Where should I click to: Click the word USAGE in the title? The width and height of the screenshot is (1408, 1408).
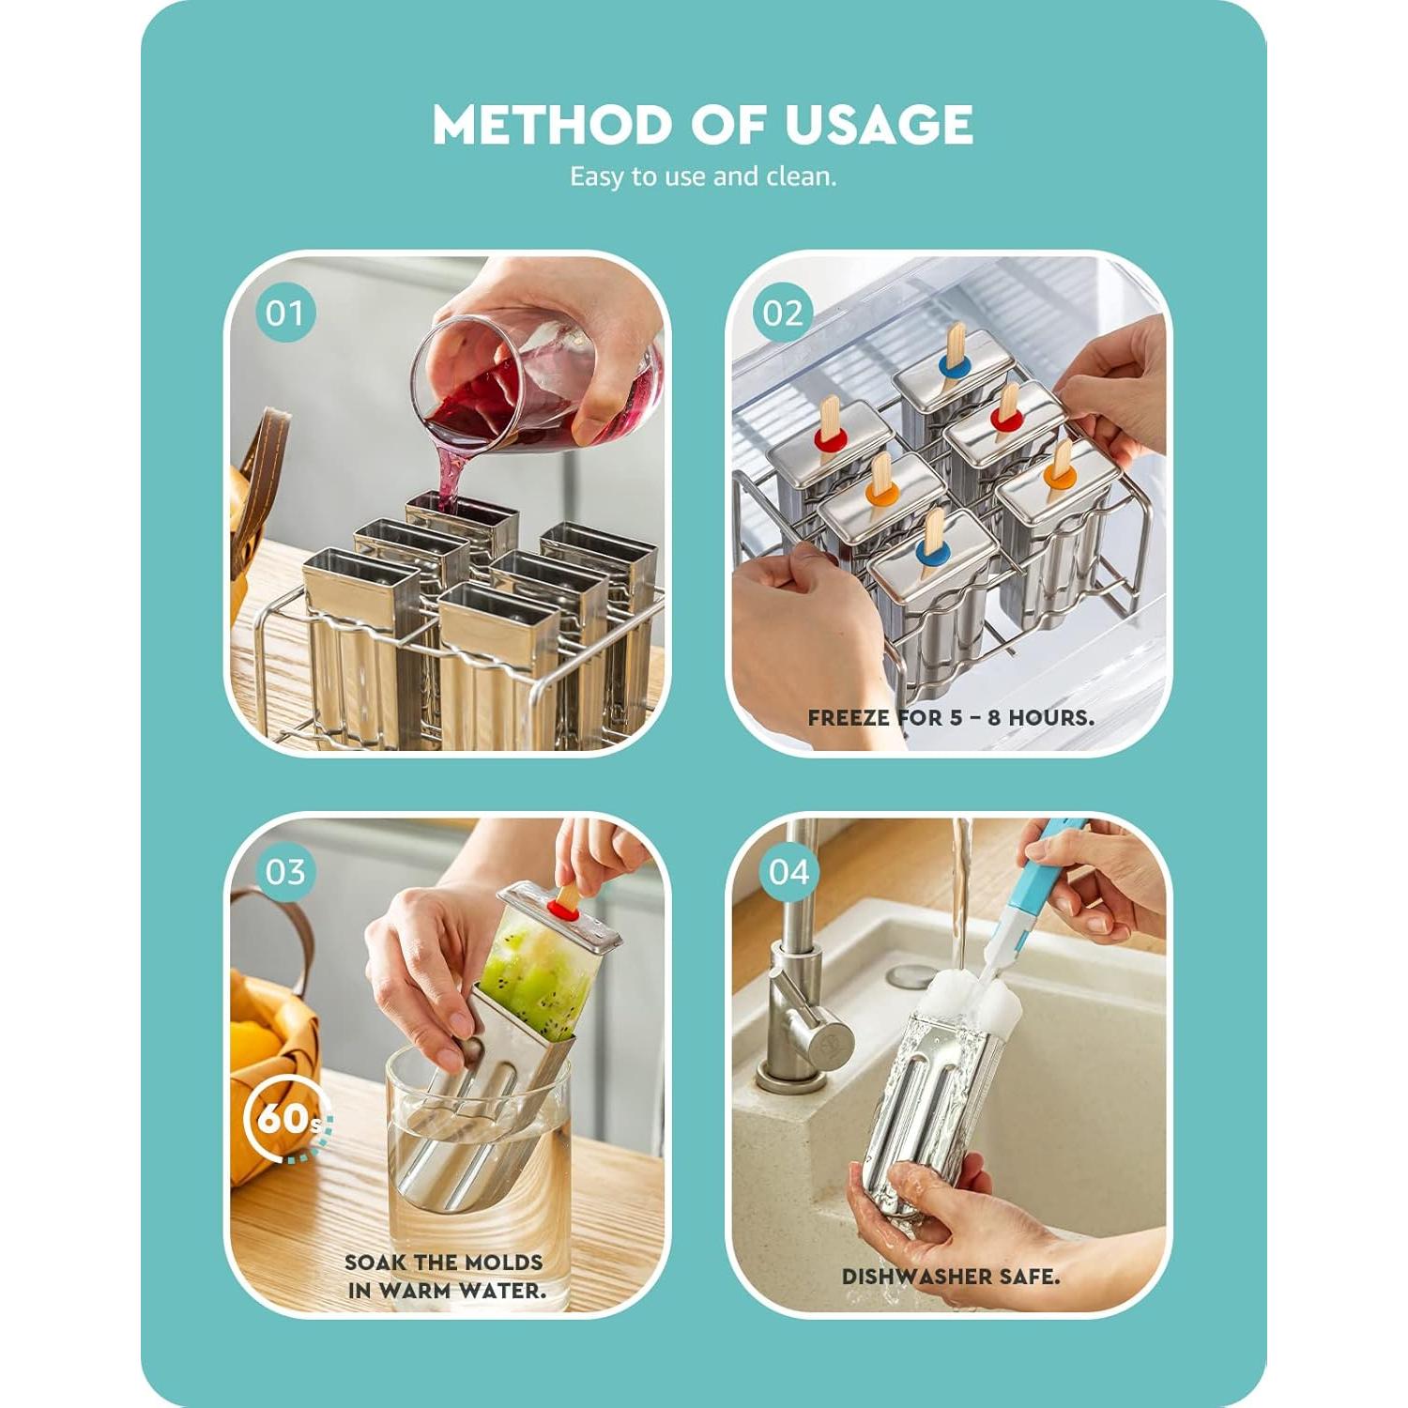click(x=879, y=125)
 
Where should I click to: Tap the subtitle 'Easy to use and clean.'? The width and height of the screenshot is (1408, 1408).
click(x=703, y=176)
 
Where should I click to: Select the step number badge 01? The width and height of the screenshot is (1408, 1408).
click(x=285, y=313)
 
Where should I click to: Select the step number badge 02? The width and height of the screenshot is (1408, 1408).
click(x=783, y=313)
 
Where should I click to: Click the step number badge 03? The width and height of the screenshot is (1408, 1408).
click(x=285, y=872)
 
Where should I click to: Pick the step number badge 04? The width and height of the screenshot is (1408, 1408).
click(x=788, y=872)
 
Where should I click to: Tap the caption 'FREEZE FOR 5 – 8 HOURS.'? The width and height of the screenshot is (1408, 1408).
click(x=950, y=718)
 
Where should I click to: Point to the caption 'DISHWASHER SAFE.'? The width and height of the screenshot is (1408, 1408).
click(x=950, y=1277)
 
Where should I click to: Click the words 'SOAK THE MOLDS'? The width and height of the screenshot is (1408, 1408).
click(x=444, y=1263)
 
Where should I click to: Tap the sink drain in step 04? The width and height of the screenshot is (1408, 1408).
click(x=909, y=973)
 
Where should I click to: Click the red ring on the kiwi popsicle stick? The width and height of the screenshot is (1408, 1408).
click(x=564, y=910)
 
